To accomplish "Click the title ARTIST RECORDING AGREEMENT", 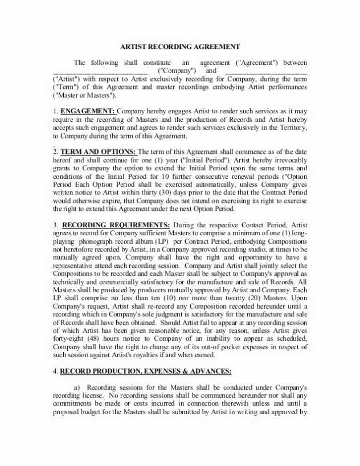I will pyautogui.click(x=179, y=47).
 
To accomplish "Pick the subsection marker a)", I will pyautogui.click(x=77, y=387).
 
